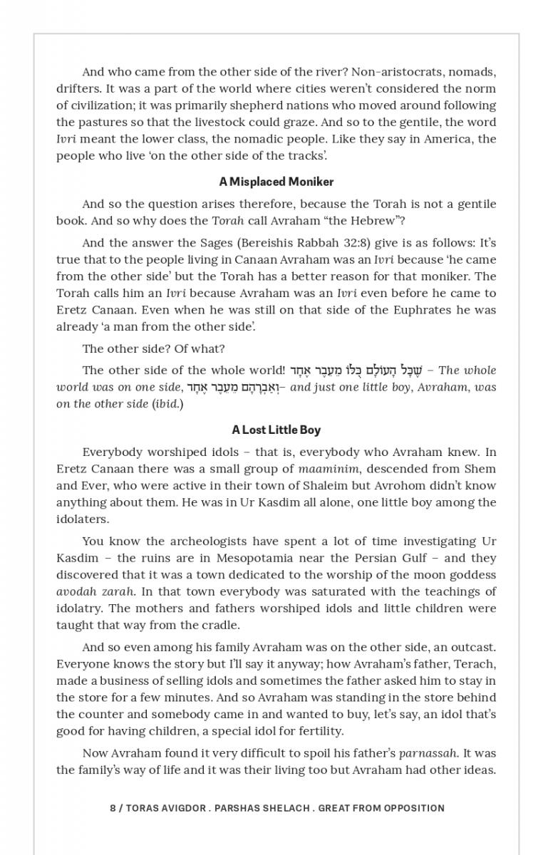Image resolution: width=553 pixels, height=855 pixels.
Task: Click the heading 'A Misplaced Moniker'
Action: tap(276, 182)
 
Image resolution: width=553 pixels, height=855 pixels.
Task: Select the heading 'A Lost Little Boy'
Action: tap(276, 430)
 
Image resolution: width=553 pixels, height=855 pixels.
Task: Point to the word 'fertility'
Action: tap(319, 730)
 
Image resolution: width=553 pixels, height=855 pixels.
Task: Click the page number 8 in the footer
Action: tap(113, 808)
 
